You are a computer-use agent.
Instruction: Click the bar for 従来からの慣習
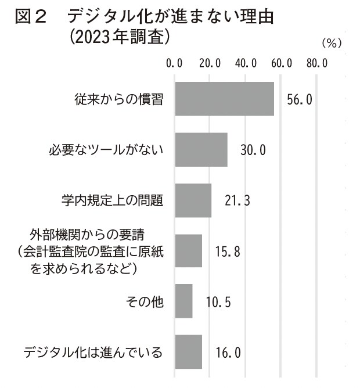224,99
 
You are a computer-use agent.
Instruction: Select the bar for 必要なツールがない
201,150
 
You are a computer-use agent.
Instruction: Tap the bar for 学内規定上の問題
193,200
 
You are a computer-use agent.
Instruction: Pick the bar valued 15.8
188,251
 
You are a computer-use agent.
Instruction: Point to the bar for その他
183,301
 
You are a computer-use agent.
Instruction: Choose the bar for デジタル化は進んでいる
188,351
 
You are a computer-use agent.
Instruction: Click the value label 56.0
300,99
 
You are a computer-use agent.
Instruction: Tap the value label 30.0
253,150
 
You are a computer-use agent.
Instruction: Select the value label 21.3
237,201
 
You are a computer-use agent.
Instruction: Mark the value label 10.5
218,301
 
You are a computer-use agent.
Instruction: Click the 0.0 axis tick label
174,62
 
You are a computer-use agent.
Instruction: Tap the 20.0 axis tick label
210,62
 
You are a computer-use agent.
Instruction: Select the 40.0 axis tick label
246,62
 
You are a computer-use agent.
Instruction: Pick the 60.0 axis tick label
282,62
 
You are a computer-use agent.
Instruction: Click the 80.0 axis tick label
317,62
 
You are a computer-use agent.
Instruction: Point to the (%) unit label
332,43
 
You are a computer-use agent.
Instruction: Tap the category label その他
145,301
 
